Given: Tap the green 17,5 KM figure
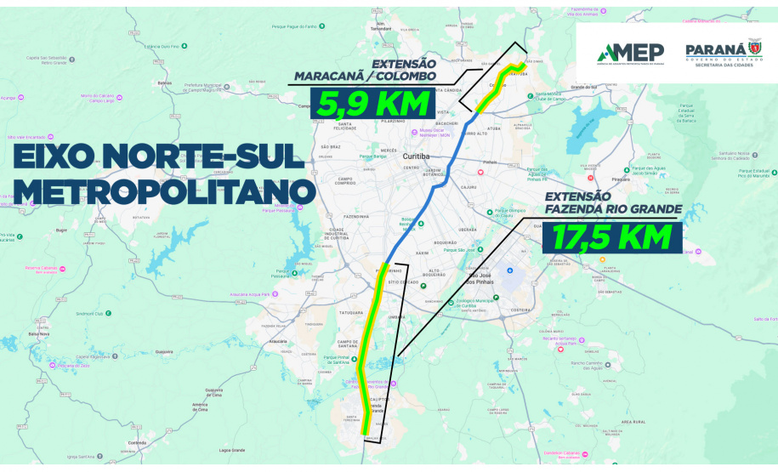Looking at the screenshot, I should pos(610,236).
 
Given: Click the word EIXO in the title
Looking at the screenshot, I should pos(61,156).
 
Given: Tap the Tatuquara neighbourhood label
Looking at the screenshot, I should pos(350,312).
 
